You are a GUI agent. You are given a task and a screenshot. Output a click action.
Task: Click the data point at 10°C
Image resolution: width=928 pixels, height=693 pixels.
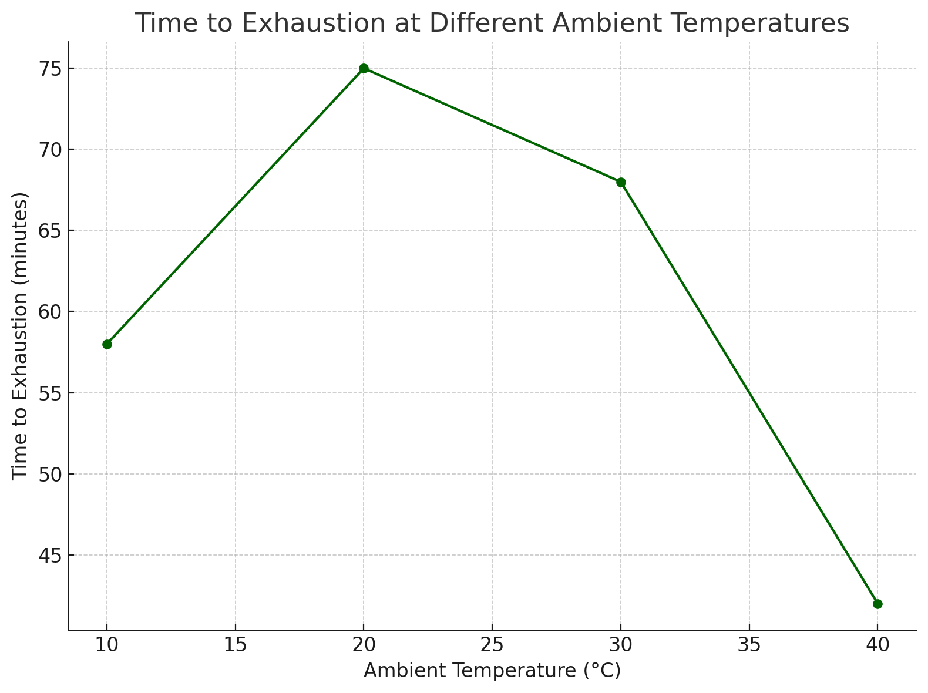pos(107,344)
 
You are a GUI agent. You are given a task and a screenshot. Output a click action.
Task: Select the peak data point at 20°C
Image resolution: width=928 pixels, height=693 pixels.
pos(364,68)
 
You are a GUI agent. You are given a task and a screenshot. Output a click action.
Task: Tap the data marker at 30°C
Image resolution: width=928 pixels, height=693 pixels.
pos(621,182)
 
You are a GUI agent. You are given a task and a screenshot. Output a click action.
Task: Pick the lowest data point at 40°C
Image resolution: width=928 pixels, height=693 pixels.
pos(877,604)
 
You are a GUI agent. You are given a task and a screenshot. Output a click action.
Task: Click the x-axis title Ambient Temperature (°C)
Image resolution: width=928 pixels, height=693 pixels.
pos(492,671)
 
